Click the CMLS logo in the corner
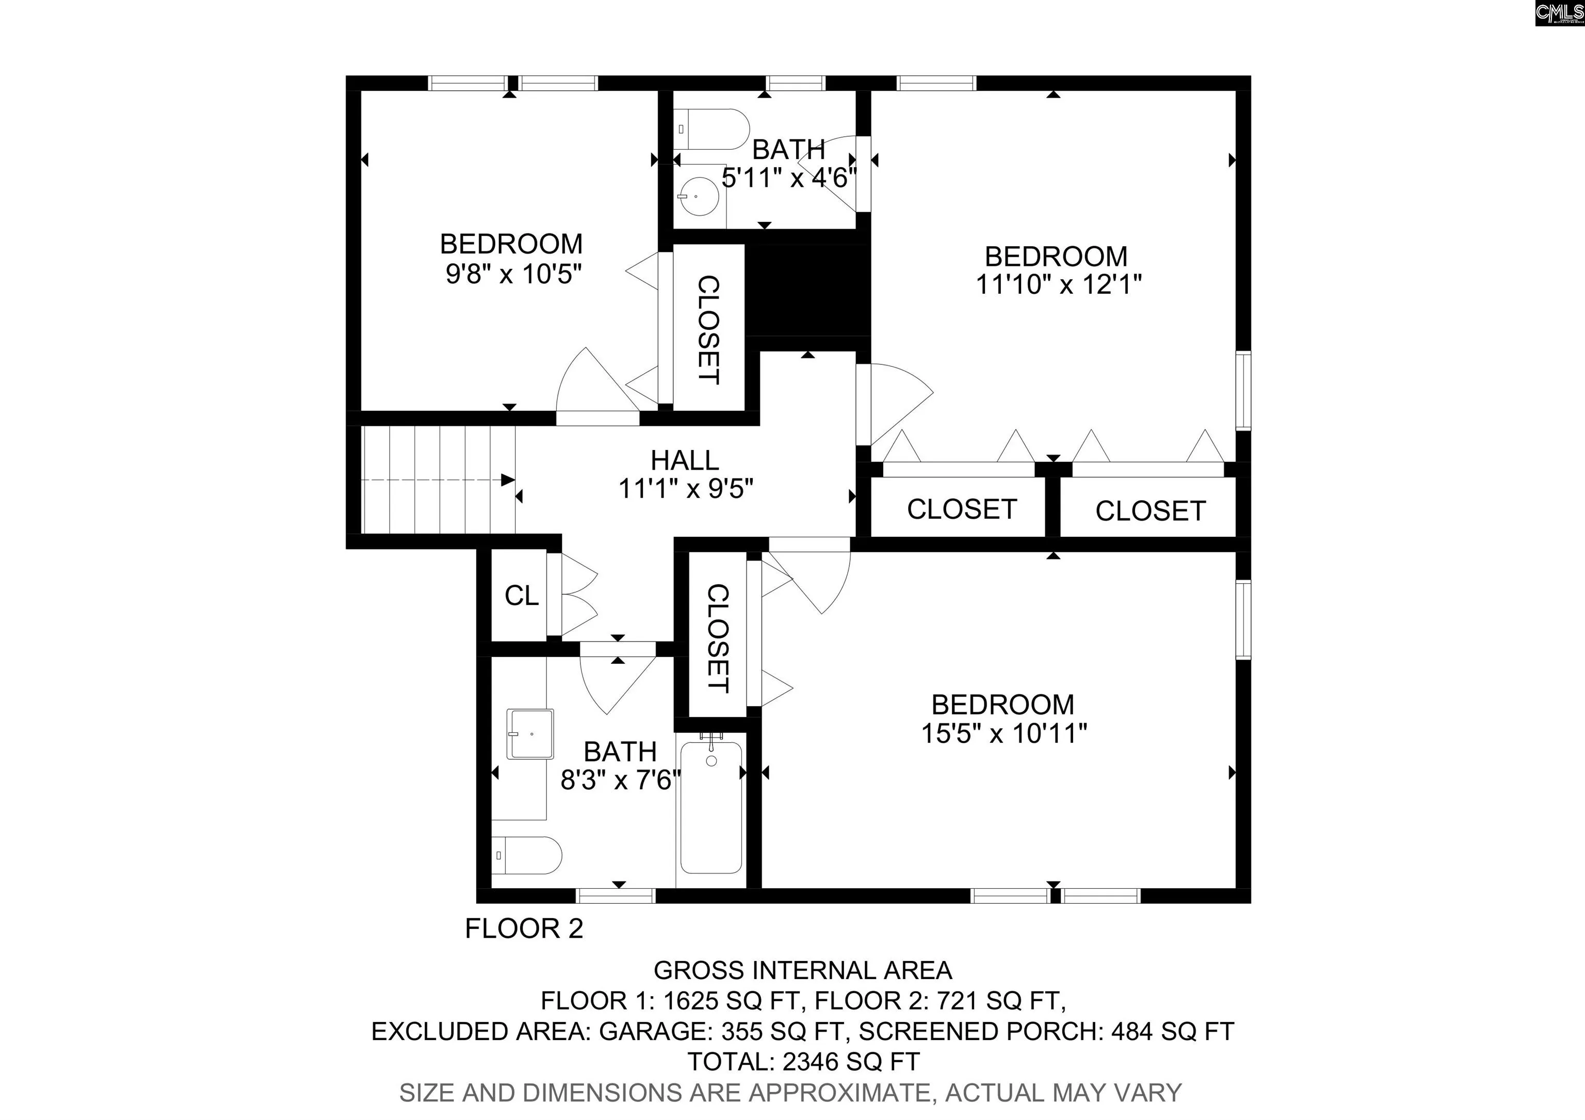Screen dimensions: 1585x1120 [x=1559, y=13]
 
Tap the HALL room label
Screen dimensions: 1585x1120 [x=685, y=460]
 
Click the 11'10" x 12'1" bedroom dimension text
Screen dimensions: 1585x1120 [x=1058, y=284]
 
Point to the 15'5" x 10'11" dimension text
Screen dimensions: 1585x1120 [x=1005, y=732]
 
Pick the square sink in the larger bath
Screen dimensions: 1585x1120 [x=530, y=734]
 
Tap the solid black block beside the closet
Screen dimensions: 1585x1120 [x=807, y=290]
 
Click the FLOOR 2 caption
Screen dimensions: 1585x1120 [x=524, y=929]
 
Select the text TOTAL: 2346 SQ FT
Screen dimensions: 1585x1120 [x=803, y=1061]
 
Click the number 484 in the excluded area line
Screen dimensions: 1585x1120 [x=1131, y=1031]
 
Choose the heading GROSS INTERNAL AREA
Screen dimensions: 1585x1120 [x=803, y=970]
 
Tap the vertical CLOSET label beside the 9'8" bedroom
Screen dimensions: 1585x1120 [x=709, y=329]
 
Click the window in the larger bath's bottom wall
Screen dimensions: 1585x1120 [x=615, y=895]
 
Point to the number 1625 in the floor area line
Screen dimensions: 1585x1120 [x=686, y=1001]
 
